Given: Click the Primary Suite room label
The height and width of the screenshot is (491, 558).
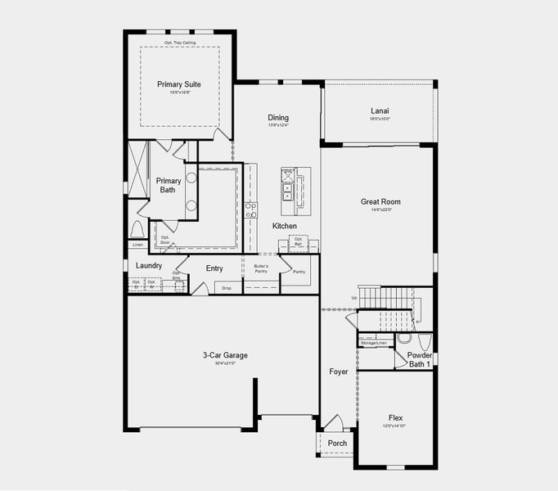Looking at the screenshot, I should click(x=179, y=84).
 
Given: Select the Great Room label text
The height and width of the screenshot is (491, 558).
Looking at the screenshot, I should click(x=380, y=201).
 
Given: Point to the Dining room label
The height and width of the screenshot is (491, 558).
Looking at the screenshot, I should click(x=278, y=118).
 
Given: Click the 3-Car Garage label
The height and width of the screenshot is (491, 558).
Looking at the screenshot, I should click(x=225, y=355).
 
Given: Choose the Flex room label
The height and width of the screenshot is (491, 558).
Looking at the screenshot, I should click(x=396, y=418).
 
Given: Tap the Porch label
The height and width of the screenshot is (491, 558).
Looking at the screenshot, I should click(x=337, y=444).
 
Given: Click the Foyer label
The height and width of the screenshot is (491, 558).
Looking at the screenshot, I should click(x=339, y=372).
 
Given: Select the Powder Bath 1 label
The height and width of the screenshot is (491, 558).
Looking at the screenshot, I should click(x=421, y=359).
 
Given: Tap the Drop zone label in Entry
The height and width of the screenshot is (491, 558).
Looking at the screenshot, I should click(x=227, y=287).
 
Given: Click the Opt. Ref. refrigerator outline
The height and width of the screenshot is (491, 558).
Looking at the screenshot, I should click(x=299, y=241).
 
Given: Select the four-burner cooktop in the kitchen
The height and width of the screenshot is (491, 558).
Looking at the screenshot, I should click(x=251, y=209).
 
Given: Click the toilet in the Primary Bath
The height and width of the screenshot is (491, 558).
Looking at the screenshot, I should click(x=137, y=228).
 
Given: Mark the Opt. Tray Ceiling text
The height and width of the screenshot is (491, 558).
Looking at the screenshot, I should click(x=179, y=42).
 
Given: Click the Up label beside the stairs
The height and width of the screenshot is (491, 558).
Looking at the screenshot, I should click(x=353, y=297).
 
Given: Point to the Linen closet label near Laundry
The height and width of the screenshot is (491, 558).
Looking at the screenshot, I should click(x=137, y=245).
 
